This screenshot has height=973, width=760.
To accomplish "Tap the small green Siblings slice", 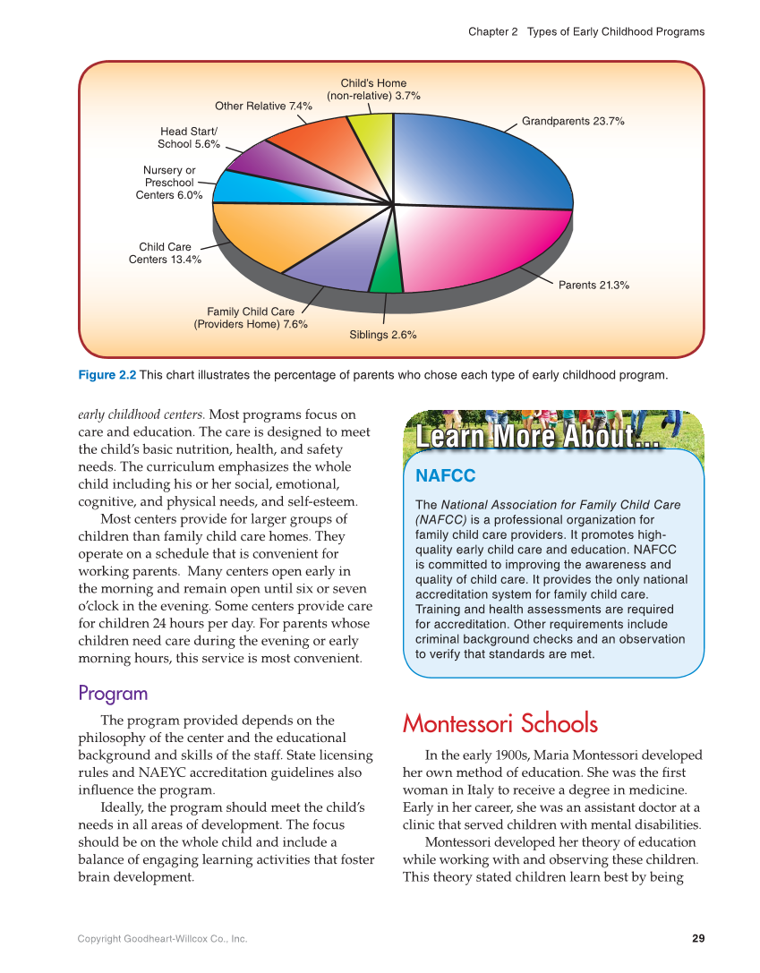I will pyautogui.click(x=387, y=273).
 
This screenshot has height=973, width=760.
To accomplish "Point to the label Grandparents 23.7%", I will pyautogui.click(x=573, y=120).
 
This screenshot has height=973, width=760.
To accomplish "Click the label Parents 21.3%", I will pyautogui.click(x=593, y=286).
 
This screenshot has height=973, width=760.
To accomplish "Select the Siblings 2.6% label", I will pyautogui.click(x=382, y=335).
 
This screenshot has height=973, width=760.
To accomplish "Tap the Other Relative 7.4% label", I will pyautogui.click(x=263, y=106).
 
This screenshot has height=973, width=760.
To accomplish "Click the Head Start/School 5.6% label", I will pyautogui.click(x=189, y=138).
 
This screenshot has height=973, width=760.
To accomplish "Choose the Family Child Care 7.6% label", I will pyautogui.click(x=251, y=318).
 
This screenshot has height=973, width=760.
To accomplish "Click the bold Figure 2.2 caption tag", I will pyautogui.click(x=107, y=375).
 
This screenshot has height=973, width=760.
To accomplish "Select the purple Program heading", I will pyautogui.click(x=113, y=694).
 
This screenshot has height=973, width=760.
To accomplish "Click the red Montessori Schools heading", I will pyautogui.click(x=500, y=723).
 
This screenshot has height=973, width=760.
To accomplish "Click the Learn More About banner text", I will pyautogui.click(x=538, y=438).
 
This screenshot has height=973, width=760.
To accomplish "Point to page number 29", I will pyautogui.click(x=698, y=938).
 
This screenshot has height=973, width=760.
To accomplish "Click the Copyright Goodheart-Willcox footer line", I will pyautogui.click(x=162, y=938).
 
